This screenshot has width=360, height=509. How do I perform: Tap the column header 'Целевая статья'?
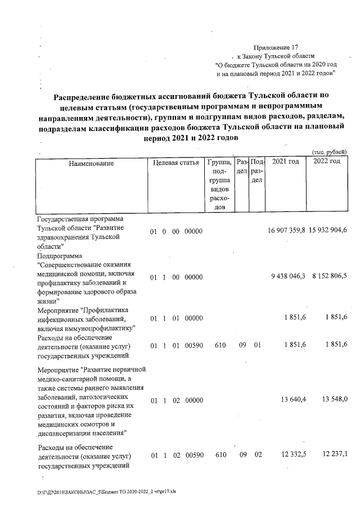[x=175, y=163]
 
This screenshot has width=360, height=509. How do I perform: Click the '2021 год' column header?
[x=285, y=162]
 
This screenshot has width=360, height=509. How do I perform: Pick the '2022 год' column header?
[x=327, y=162]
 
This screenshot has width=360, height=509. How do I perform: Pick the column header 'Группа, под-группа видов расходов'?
[x=219, y=184]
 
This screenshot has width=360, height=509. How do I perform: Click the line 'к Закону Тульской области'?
[x=278, y=56]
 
